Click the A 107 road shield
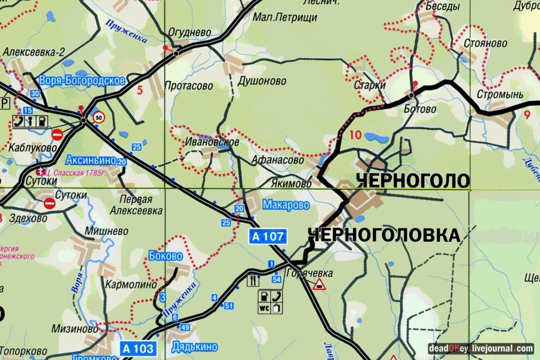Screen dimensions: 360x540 tap(269, 236)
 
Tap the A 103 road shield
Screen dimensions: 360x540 tap(139, 349)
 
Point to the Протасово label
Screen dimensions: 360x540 tap(188, 86)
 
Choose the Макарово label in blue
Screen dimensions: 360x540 tap(286, 205)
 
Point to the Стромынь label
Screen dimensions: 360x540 tap(500, 95)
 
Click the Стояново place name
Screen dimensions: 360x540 tap(486, 44)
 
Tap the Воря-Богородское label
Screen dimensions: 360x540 tap(82, 80)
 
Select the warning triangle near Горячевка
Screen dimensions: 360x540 tap(319, 284)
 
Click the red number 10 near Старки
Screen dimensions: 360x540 tap(355, 134)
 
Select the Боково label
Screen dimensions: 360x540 tap(165, 256)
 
